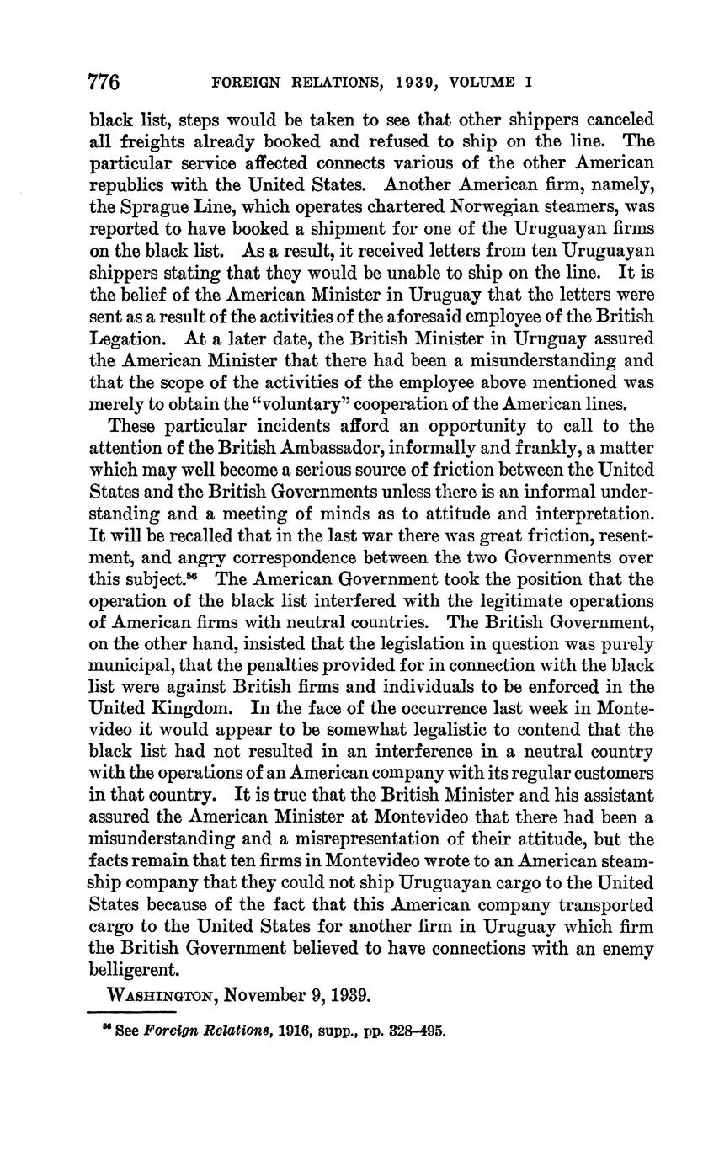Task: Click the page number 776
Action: (x=105, y=83)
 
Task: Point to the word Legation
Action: (x=122, y=338)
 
